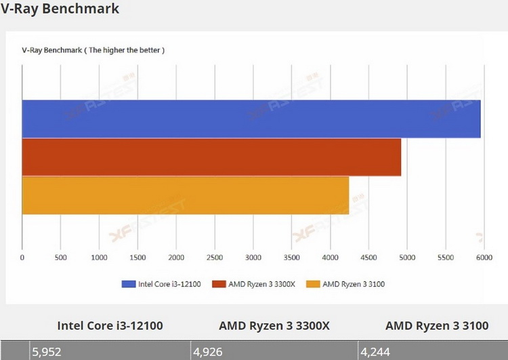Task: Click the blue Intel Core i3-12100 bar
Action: (x=251, y=119)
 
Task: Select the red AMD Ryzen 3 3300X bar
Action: (x=211, y=157)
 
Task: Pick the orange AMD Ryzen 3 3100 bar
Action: (x=185, y=195)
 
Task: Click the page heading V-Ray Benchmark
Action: (x=60, y=9)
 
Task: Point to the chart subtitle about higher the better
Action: (x=93, y=50)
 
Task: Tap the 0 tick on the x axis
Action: (x=22, y=258)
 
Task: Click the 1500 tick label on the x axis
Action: (x=137, y=258)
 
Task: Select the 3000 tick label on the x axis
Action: (x=253, y=258)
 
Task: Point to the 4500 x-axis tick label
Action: (x=368, y=258)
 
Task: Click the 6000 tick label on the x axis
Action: (x=484, y=258)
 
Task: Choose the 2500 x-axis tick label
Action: (x=215, y=258)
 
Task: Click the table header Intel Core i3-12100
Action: (x=110, y=325)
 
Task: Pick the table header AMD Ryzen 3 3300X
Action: (x=274, y=325)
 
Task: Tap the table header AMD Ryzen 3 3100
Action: (x=437, y=325)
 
